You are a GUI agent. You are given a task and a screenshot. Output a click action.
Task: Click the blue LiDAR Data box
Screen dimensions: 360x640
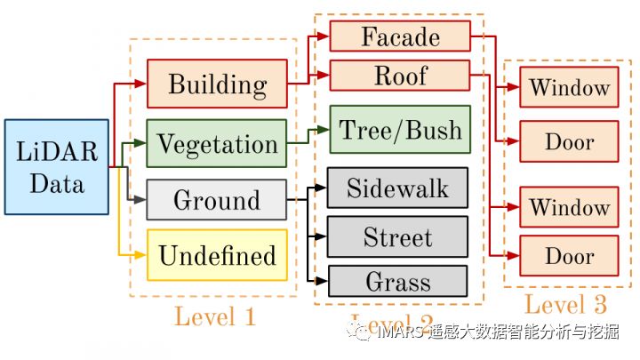click(56, 167)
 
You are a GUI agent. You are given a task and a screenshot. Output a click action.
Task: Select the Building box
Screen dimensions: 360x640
click(217, 84)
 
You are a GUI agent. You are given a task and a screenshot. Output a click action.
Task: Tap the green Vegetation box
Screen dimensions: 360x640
click(217, 143)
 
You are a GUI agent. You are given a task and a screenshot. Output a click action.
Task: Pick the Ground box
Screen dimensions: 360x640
click(217, 199)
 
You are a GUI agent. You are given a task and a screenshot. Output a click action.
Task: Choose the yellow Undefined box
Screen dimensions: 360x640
click(217, 255)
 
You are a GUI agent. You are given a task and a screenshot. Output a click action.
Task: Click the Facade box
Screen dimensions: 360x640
click(400, 36)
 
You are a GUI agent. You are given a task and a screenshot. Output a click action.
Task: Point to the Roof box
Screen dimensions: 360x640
click(400, 76)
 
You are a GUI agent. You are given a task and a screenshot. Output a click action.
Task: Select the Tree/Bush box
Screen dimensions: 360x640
click(398, 130)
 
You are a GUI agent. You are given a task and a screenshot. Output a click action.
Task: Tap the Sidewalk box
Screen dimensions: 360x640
click(397, 188)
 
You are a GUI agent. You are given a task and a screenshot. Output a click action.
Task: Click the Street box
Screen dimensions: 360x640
click(397, 237)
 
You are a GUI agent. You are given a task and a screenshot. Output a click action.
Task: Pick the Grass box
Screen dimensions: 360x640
click(397, 282)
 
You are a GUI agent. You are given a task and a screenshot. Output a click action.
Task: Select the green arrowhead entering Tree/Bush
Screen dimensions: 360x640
click(324, 130)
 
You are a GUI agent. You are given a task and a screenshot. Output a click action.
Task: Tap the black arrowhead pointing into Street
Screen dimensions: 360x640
click(322, 237)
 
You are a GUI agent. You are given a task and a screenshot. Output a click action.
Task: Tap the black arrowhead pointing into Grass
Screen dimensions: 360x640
click(322, 281)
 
